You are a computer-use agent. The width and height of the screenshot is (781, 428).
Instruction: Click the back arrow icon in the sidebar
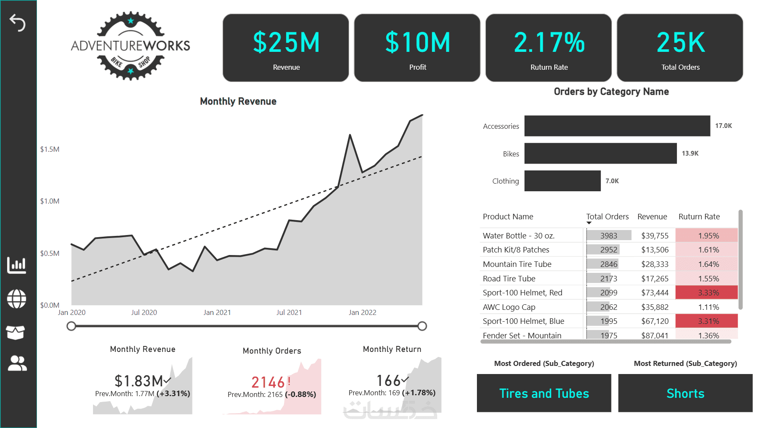(17, 23)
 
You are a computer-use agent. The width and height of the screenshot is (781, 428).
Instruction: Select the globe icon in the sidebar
(17, 299)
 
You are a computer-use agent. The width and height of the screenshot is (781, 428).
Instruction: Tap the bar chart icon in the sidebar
(17, 265)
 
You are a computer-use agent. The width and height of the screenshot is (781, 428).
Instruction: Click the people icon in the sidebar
(17, 363)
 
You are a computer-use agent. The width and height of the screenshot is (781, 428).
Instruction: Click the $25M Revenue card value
(286, 43)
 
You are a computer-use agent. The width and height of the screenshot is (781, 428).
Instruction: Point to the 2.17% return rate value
(549, 43)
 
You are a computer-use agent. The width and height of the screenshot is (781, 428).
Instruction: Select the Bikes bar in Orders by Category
(601, 153)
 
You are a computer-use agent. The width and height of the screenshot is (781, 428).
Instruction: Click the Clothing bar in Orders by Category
(562, 181)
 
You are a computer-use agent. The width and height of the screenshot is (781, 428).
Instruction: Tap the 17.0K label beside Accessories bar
(724, 126)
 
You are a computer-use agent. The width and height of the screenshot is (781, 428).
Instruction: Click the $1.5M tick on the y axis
(50, 149)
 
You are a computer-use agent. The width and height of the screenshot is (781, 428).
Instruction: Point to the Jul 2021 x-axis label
(289, 312)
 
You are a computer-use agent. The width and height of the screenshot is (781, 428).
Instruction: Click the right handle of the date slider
(422, 326)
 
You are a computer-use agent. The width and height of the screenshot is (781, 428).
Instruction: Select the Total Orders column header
(607, 217)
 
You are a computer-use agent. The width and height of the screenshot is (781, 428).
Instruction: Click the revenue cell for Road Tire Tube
(655, 279)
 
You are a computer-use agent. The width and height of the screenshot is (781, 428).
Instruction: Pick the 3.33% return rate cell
(707, 292)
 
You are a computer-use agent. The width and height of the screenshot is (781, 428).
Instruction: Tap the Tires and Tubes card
(544, 393)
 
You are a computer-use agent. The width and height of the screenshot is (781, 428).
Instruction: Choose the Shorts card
(685, 393)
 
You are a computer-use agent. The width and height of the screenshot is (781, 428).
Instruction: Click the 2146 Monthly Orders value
(268, 382)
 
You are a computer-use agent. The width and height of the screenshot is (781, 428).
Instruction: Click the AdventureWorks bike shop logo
(130, 46)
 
